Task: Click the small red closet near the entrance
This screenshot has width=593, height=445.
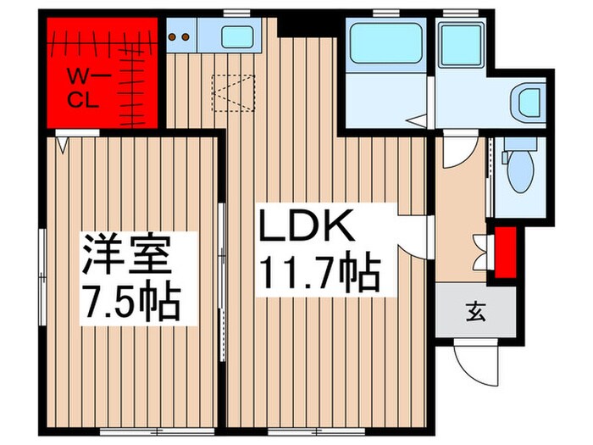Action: (506, 252)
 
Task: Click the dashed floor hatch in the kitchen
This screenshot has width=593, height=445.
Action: (233, 91)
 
